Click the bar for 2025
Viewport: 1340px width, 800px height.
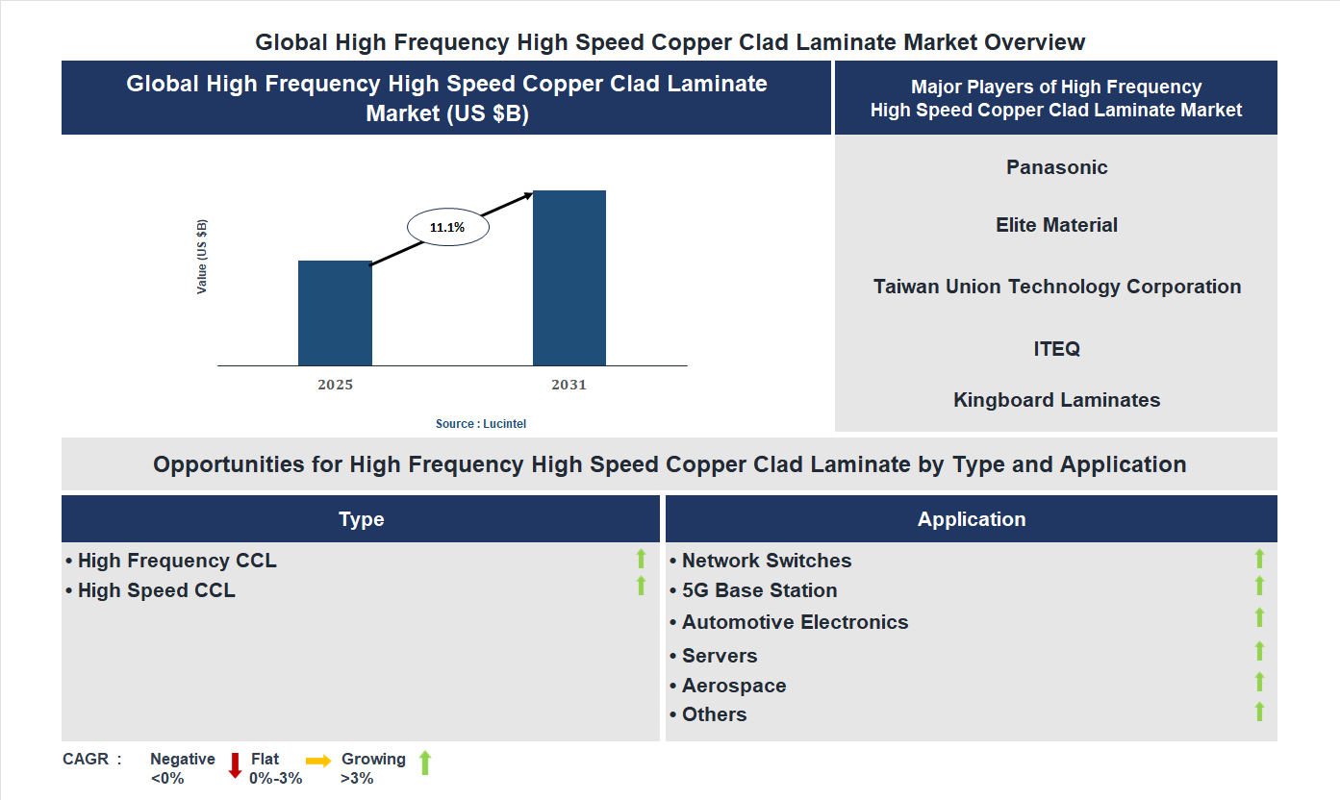click(335, 312)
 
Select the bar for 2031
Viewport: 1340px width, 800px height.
click(569, 278)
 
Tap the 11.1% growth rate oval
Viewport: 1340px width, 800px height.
click(447, 228)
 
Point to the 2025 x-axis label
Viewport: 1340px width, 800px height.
click(335, 385)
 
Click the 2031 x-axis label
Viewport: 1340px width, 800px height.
click(569, 385)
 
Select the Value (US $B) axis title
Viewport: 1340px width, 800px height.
click(202, 257)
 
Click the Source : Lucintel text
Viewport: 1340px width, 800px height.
click(481, 424)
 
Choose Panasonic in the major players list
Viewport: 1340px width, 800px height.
click(1056, 167)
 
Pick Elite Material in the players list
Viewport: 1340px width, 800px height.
click(1056, 225)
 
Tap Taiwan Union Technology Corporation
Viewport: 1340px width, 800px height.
click(1056, 287)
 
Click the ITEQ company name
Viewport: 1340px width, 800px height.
click(1056, 348)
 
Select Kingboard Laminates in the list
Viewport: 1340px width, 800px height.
click(1056, 400)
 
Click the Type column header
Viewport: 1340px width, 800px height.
click(361, 519)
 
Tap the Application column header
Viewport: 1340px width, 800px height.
click(971, 519)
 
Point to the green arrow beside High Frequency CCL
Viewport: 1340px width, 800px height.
click(641, 558)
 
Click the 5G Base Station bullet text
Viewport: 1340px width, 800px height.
click(759, 590)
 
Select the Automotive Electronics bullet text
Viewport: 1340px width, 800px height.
click(795, 622)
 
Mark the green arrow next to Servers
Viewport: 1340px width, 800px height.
click(1259, 652)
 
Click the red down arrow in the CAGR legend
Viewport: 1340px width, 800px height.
click(235, 765)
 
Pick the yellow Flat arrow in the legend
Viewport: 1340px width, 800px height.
click(318, 760)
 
